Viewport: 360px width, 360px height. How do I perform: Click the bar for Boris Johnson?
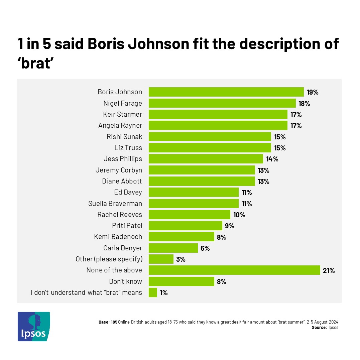(226, 92)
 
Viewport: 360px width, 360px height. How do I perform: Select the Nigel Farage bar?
(222, 103)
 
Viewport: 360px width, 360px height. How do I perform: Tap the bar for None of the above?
(234, 270)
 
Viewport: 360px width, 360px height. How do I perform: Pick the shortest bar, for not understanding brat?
(153, 292)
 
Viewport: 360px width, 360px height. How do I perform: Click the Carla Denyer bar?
(173, 248)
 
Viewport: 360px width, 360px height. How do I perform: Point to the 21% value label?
(329, 270)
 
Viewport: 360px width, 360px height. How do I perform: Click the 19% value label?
(313, 92)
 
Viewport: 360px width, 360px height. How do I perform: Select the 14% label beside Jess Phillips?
(272, 159)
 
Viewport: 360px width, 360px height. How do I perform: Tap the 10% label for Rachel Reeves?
(239, 215)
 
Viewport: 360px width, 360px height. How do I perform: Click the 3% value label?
(181, 259)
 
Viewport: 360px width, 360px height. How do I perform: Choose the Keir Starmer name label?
(122, 114)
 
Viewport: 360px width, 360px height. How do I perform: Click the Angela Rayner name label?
(120, 125)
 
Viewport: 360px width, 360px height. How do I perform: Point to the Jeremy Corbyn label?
(119, 170)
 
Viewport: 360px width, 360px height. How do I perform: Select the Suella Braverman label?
(115, 204)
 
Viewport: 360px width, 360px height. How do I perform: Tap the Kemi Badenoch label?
(118, 237)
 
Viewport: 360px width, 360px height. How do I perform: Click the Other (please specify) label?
(109, 259)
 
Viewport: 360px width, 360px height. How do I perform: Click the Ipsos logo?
(34, 327)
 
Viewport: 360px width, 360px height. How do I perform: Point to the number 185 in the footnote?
(114, 322)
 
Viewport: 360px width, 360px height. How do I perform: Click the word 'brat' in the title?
(36, 63)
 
